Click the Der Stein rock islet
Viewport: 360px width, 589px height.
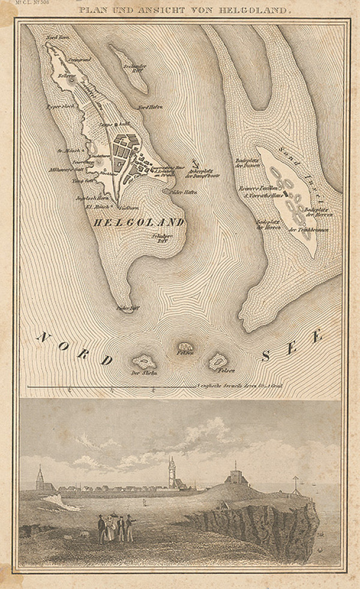[145, 362]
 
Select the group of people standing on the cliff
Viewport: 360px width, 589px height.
[115, 528]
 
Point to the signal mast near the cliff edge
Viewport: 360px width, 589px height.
[294, 484]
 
